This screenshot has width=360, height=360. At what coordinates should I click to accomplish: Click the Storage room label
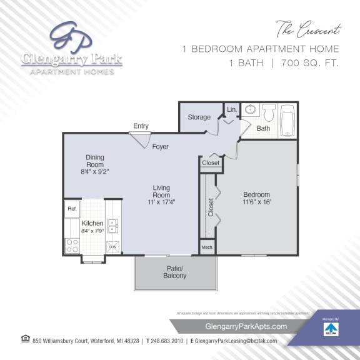(x=199, y=117)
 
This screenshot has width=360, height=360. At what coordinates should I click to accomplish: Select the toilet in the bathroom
(x=269, y=112)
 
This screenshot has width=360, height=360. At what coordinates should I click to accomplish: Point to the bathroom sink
(x=250, y=111)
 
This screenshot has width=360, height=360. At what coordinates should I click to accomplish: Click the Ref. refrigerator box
(x=72, y=209)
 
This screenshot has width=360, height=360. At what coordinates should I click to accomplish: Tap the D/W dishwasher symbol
(x=113, y=247)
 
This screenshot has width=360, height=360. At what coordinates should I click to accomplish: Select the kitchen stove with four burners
(x=72, y=245)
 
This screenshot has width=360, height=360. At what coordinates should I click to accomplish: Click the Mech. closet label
(x=207, y=247)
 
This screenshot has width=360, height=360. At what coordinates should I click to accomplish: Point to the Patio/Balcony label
(x=174, y=272)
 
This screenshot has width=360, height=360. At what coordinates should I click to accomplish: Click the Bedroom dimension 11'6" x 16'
(x=257, y=202)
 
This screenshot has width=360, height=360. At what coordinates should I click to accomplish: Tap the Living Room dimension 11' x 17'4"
(x=161, y=202)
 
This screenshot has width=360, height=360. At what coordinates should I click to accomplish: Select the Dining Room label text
(x=95, y=161)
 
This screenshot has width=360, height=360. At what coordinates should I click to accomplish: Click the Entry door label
(x=141, y=126)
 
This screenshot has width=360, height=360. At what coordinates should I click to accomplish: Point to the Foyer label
(x=160, y=146)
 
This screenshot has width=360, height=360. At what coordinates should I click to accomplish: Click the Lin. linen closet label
(x=231, y=109)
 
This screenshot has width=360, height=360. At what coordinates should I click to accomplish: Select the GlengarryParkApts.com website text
(x=246, y=326)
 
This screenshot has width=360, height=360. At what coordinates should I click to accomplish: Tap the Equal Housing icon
(x=25, y=339)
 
